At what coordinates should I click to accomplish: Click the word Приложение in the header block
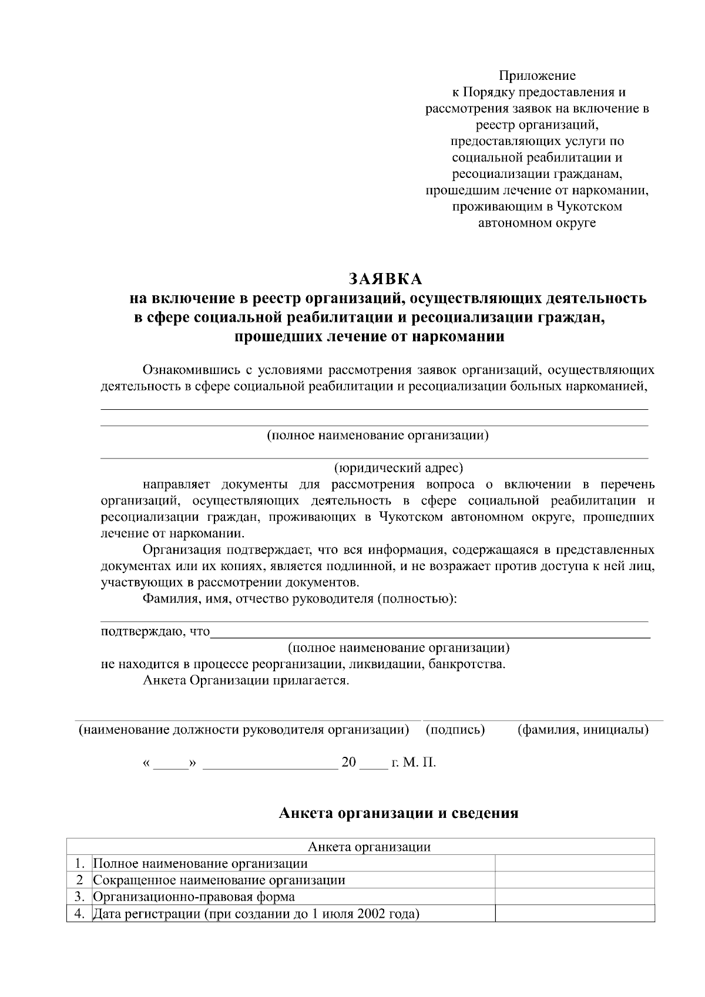click(537, 76)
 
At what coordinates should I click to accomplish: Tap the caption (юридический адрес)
click(398, 468)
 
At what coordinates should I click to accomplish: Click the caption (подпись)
click(455, 730)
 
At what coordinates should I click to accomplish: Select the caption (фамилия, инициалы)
click(583, 730)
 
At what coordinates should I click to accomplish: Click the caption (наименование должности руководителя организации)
click(244, 730)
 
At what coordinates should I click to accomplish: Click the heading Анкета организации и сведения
click(398, 813)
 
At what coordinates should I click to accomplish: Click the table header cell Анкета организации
click(369, 847)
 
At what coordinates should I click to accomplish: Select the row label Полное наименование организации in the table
click(200, 864)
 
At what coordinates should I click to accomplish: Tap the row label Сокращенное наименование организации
click(219, 880)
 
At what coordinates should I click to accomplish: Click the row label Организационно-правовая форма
click(194, 897)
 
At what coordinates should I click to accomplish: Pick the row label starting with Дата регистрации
click(256, 914)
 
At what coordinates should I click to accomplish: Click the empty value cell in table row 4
click(575, 914)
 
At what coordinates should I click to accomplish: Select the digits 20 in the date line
click(348, 763)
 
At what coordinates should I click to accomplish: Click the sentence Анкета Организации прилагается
click(246, 681)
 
